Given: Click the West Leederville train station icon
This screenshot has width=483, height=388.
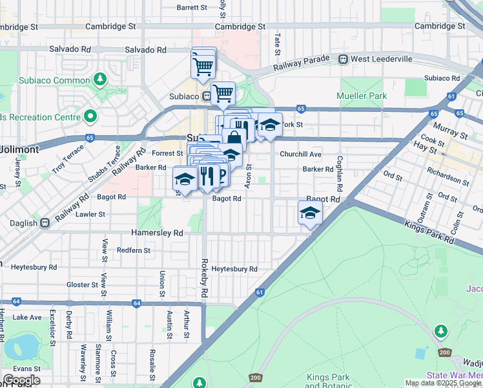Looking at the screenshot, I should pos(344,59).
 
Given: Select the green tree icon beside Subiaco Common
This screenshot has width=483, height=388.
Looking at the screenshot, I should pos(99,80).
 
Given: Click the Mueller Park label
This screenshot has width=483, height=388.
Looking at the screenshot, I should pos(362,96).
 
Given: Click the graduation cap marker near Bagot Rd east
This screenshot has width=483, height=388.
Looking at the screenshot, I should pos(310,212).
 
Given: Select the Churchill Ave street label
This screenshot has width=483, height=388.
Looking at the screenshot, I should pos(300,155).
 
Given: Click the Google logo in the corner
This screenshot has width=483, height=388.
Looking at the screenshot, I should pos(21,380).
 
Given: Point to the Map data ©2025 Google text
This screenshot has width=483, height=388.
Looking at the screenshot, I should pos(443,383).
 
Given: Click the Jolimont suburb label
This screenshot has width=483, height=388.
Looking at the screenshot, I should pos(19,149).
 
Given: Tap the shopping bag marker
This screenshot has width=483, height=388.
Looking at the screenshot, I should pos(234,137).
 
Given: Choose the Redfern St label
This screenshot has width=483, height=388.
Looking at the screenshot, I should pos(134,250).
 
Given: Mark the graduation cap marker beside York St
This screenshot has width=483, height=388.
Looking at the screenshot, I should pos(270,125).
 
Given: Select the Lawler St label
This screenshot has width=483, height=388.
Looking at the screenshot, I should pos(90,214).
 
